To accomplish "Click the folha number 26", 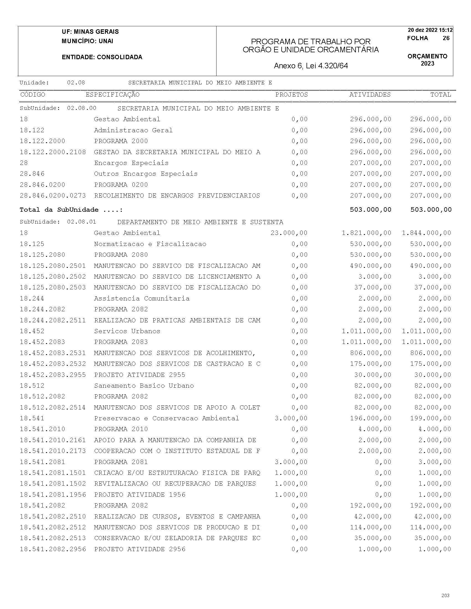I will coord(446,38).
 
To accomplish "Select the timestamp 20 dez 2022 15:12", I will coord(430,30).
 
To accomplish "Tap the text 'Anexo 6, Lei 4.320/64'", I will coord(311,66).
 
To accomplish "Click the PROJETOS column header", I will coord(291,95).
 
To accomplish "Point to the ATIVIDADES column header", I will coord(370,95).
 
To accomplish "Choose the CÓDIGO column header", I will coord(33,95).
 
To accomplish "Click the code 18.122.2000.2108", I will coord(53,152).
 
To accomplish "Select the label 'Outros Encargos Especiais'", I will coord(146,174).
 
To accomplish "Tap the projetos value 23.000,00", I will coord(289,233).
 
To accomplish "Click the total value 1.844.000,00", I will coord(426,233).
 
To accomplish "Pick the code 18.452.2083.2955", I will coord(53,375).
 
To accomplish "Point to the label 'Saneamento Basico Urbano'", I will coord(144,386).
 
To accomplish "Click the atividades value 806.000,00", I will coord(370,353).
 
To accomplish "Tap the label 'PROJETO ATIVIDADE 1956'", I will coord(140,495).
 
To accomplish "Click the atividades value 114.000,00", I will coord(370,527).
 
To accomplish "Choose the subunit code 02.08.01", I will coord(81,222).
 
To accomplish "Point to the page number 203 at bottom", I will coord(445,595).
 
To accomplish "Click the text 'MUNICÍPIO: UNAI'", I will coord(87,41).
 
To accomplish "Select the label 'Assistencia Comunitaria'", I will coord(141,298).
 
